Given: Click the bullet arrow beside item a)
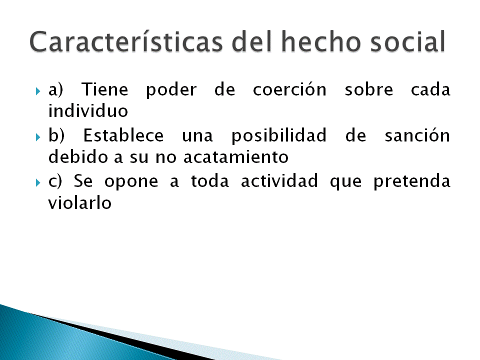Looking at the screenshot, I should [x=38, y=91].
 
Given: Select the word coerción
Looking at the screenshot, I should [x=289, y=90].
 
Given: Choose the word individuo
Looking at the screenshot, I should [x=88, y=111].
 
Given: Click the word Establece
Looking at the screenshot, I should [x=123, y=136].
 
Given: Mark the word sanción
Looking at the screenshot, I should [x=417, y=136].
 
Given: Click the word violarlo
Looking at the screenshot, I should [x=79, y=203].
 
